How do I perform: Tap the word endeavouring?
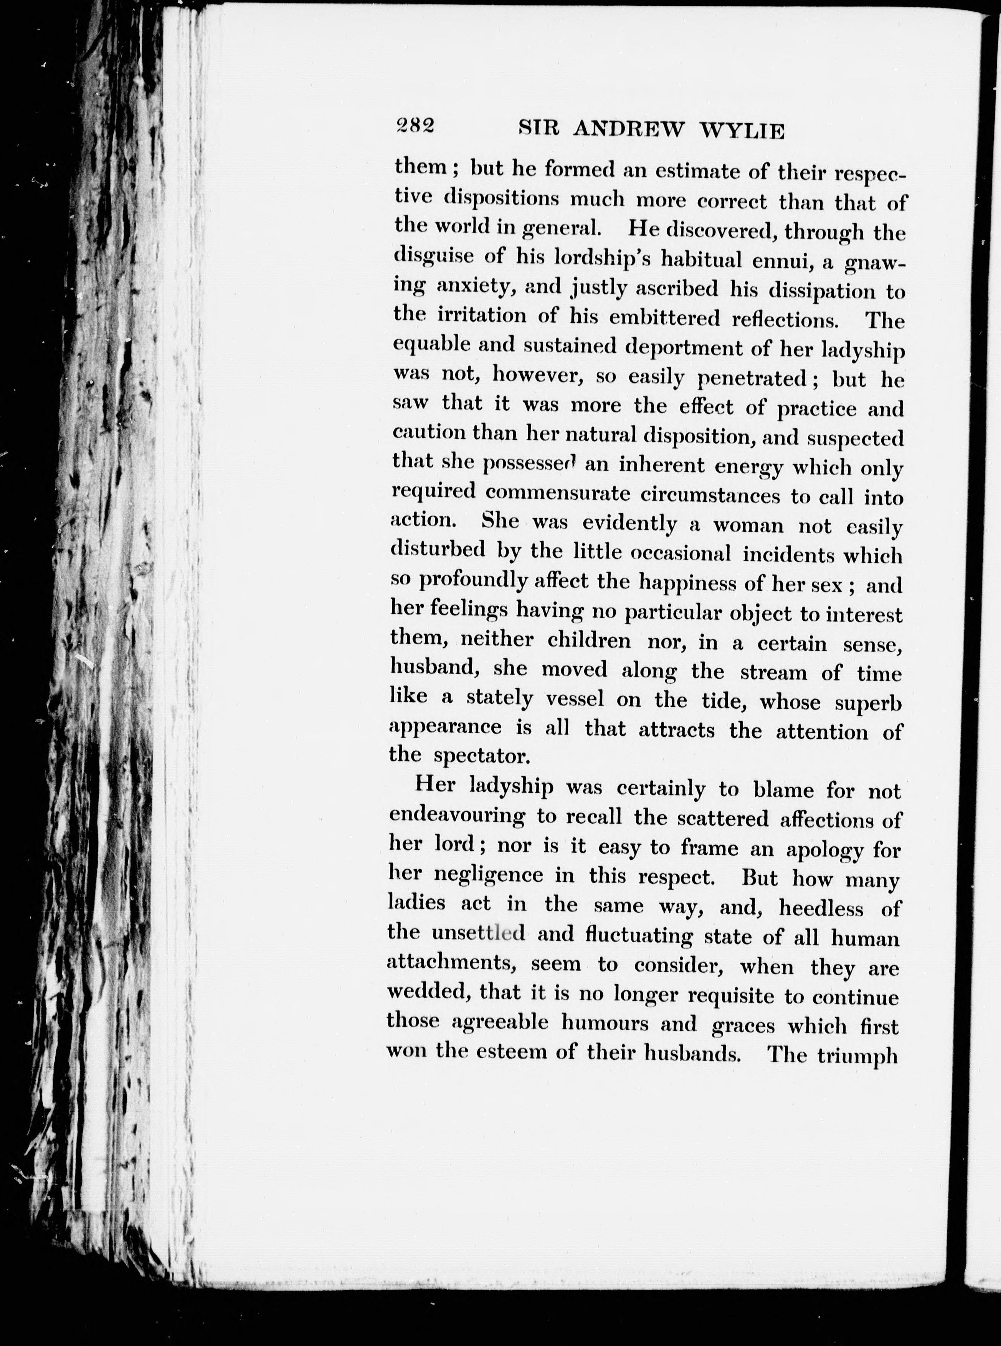tap(457, 816)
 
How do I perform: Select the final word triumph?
tap(857, 1057)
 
